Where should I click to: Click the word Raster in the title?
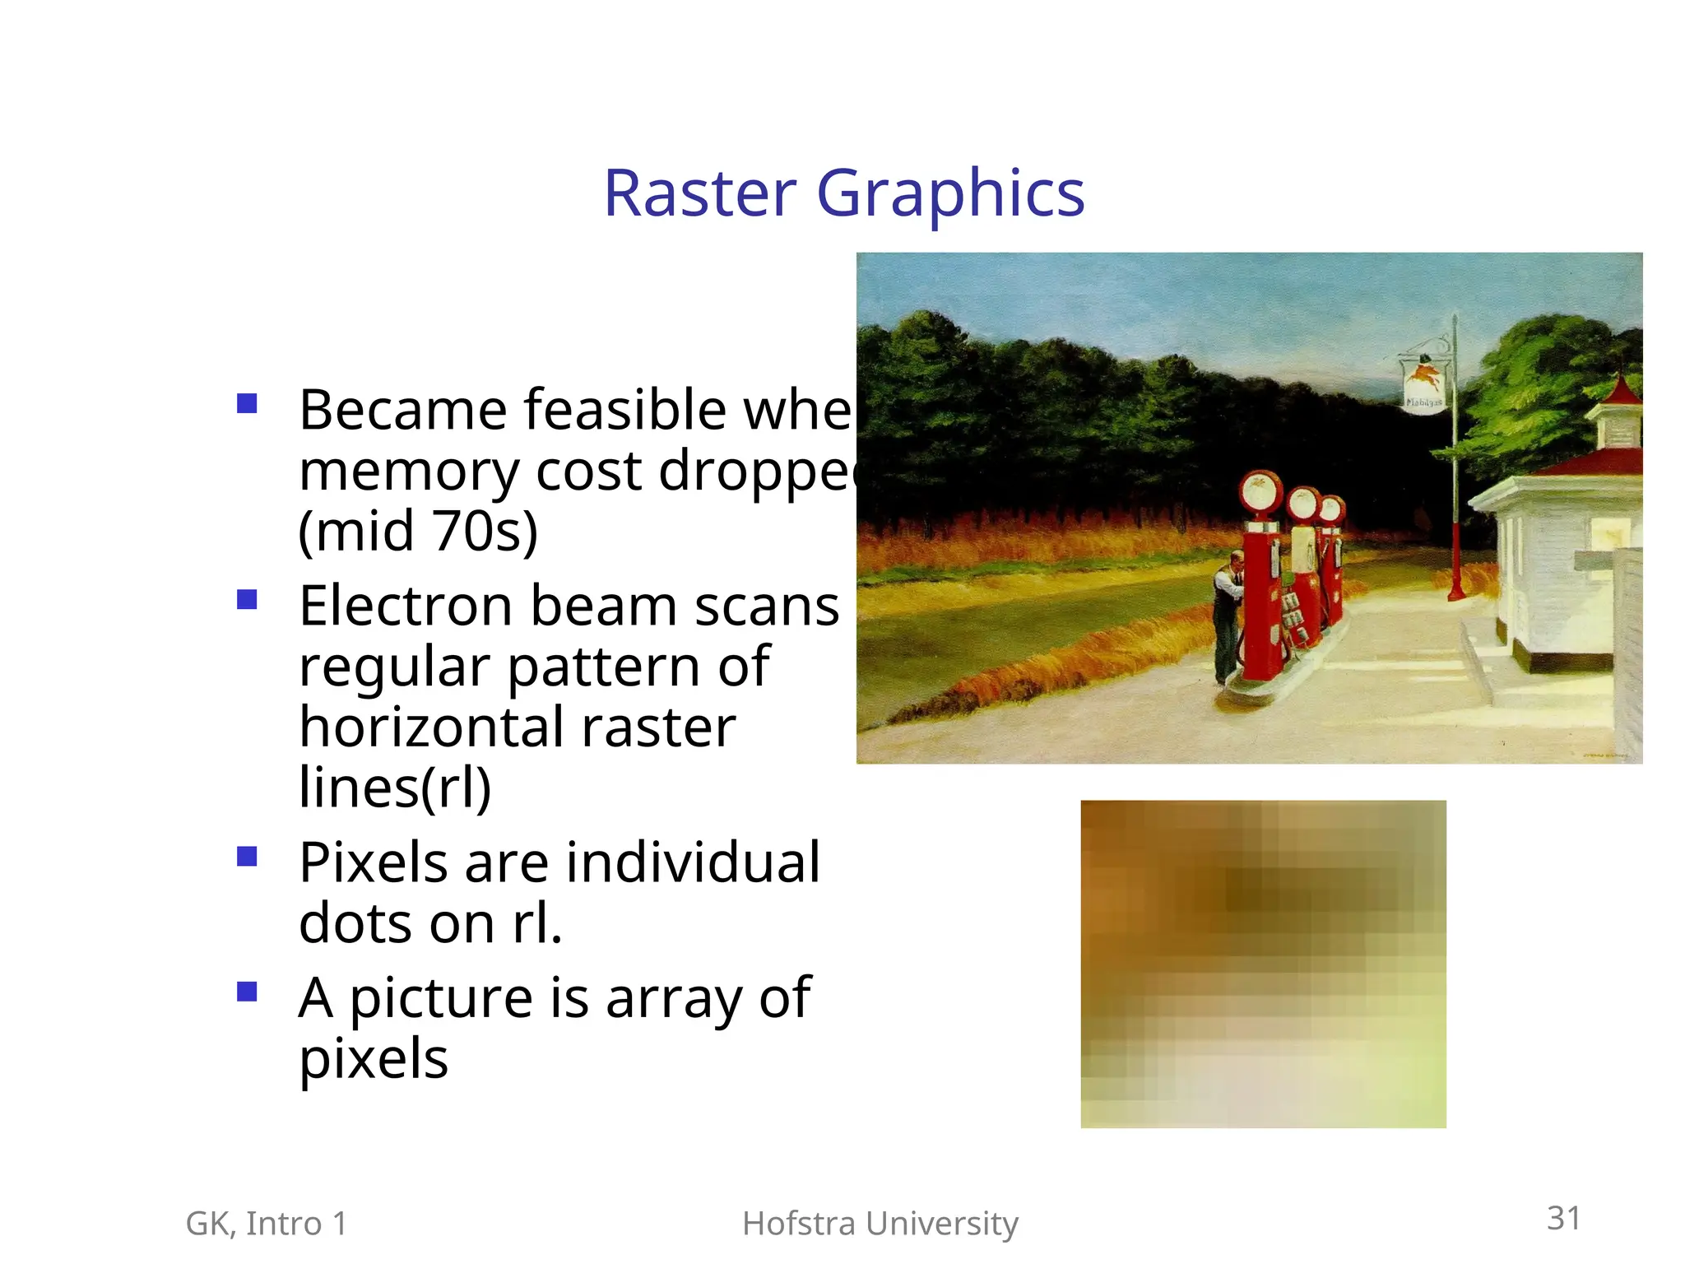tap(700, 193)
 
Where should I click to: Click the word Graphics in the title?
tap(950, 193)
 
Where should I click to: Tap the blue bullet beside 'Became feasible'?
tap(247, 403)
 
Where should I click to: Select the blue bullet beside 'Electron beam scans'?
tap(247, 599)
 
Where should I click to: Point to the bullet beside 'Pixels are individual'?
tap(247, 857)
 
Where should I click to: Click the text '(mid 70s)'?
tap(418, 531)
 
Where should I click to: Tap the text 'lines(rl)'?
tap(395, 788)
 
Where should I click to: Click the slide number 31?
tap(1563, 1218)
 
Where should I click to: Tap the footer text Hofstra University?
tap(880, 1224)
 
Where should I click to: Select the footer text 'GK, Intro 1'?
tap(267, 1224)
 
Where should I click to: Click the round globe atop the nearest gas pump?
tap(1261, 492)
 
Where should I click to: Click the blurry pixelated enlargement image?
tap(1263, 964)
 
